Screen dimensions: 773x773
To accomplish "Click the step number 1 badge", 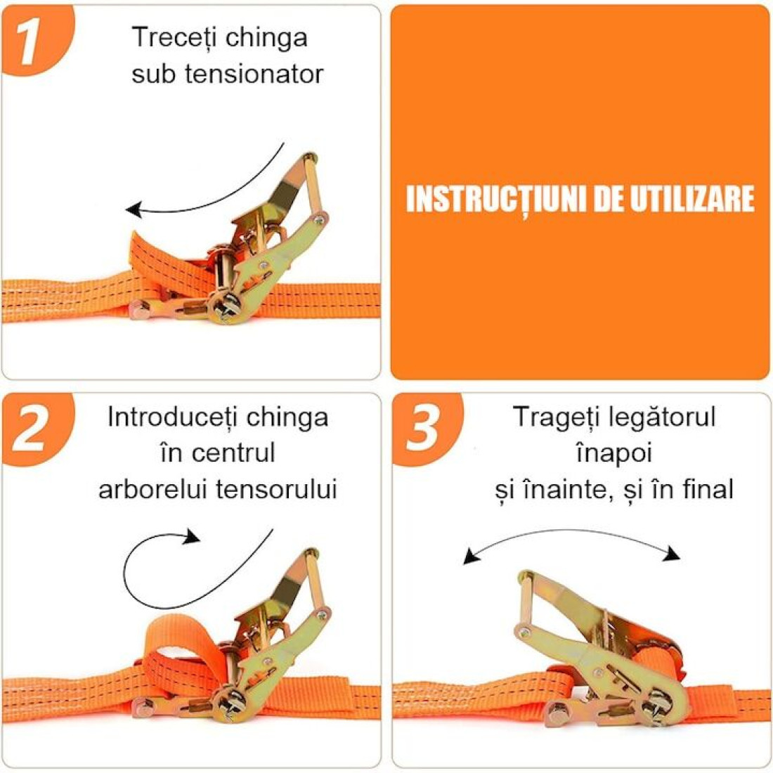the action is pyautogui.click(x=34, y=39).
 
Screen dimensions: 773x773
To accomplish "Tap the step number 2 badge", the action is pyautogui.click(x=34, y=428).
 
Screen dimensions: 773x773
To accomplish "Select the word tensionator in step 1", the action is pyautogui.click(x=254, y=74).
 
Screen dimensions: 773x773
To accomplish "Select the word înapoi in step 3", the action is pyautogui.click(x=613, y=453).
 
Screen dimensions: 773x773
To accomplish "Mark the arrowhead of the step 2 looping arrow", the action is pyautogui.click(x=193, y=536).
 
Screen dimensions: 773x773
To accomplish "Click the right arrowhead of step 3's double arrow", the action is pyautogui.click(x=672, y=554).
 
